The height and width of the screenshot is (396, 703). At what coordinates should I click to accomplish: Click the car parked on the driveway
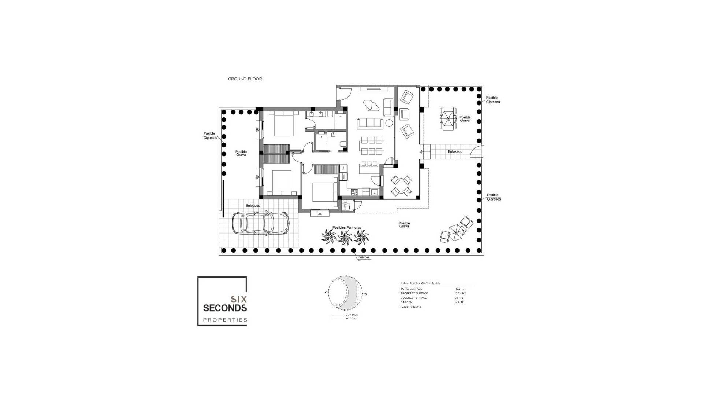pos(260,223)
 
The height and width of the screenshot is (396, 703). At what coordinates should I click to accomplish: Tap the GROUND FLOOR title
pos(245,79)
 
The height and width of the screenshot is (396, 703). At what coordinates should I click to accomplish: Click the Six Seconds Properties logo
pos(222,301)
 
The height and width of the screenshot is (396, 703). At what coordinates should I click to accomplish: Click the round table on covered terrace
pos(401,186)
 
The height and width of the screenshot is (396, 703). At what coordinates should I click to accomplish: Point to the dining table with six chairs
pos(371,146)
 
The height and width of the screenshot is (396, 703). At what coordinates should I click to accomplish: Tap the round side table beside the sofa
pos(389,123)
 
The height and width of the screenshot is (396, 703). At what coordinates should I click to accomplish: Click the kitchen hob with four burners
pos(354,192)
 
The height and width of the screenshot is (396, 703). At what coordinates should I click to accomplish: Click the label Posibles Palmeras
pos(347,228)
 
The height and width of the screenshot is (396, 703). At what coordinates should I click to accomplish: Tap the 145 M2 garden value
pos(459,302)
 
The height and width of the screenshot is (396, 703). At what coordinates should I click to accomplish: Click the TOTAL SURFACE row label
pos(411,289)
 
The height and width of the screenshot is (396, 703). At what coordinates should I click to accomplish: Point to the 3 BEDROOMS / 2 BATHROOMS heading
pos(420,283)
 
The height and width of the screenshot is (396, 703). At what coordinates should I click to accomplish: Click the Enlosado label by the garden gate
pos(455,151)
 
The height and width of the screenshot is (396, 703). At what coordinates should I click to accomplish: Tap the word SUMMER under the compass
pos(352,315)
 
